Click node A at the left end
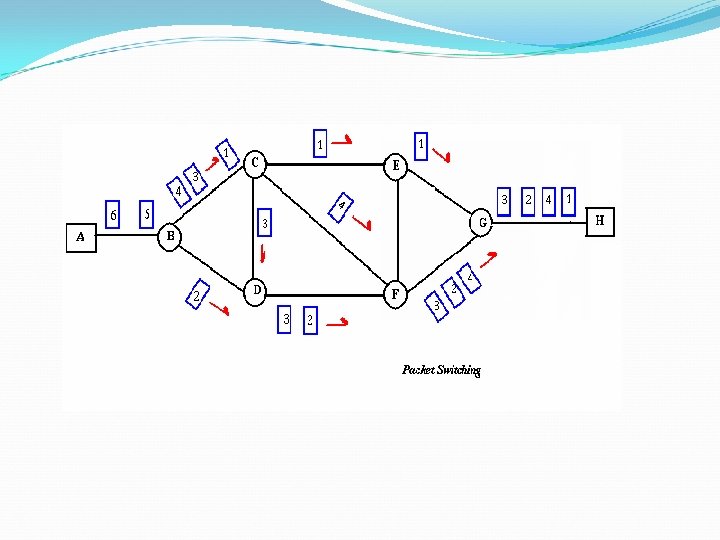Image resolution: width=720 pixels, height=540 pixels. click(81, 237)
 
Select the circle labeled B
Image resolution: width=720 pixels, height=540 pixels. click(171, 237)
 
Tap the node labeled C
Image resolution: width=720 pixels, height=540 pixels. click(255, 162)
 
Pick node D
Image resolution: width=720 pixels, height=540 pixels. click(257, 289)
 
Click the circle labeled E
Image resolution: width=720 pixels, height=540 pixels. click(396, 165)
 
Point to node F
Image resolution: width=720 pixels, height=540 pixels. click(396, 294)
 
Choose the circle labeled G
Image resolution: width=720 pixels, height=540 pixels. click(482, 223)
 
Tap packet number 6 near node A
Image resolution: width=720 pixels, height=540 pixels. click(114, 214)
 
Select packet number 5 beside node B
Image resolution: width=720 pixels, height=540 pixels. click(147, 214)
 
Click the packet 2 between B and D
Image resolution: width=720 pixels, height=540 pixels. click(198, 295)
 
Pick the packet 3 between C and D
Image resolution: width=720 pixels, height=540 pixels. click(264, 222)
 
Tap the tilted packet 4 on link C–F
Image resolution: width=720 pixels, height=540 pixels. click(341, 205)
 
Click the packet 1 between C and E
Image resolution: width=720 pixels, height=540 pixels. click(320, 144)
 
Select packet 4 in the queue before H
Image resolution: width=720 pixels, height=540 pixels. click(548, 200)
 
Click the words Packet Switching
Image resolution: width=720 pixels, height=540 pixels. click(441, 370)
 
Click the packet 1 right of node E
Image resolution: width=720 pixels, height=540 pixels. click(423, 146)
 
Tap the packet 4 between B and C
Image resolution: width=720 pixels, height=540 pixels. click(178, 190)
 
